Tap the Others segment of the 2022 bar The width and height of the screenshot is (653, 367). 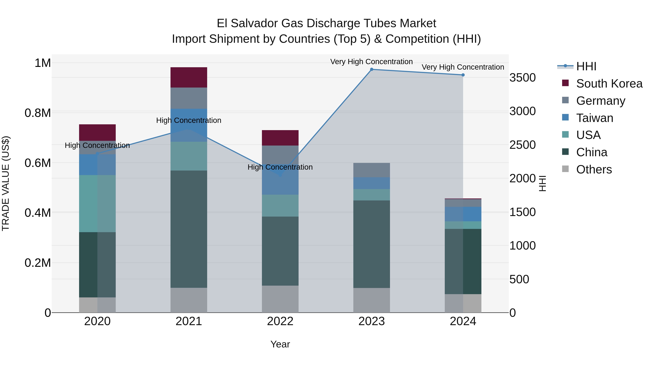tap(280, 299)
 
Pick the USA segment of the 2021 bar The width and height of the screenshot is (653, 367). tap(189, 156)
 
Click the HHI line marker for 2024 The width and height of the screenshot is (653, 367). tap(463, 75)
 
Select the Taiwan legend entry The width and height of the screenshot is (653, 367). tap(594, 118)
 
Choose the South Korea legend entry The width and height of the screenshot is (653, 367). tap(609, 84)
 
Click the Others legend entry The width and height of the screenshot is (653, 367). tap(594, 169)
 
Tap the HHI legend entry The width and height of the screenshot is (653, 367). tap(586, 66)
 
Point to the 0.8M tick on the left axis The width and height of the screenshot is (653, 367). tap(38, 113)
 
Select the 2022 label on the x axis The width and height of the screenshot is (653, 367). tap(280, 321)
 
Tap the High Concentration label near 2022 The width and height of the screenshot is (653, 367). tap(280, 167)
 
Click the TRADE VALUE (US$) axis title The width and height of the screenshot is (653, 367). tap(6, 183)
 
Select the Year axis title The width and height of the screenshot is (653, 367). tap(280, 344)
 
